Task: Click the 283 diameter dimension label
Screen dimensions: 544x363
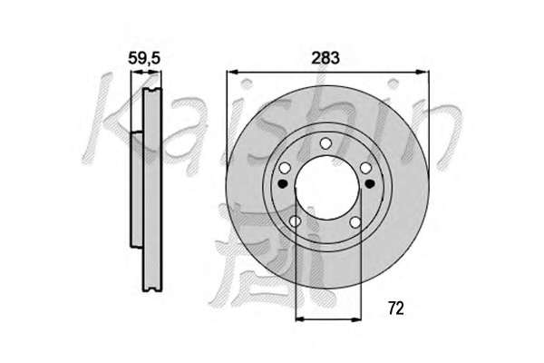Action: (325, 58)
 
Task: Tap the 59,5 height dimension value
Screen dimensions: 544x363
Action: (144, 58)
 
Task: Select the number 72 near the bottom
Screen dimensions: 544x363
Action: (396, 309)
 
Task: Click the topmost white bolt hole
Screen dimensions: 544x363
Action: (325, 143)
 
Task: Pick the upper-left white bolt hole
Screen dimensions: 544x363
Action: (285, 169)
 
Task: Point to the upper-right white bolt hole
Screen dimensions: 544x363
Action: (365, 168)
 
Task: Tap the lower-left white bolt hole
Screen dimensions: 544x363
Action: (295, 221)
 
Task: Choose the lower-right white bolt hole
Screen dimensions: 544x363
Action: (355, 222)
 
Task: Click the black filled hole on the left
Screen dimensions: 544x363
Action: (283, 183)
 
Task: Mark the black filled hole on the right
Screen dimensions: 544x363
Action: (370, 182)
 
